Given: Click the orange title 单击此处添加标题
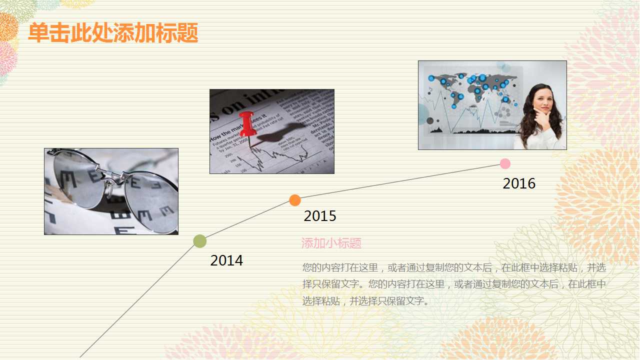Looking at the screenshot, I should tap(113, 33).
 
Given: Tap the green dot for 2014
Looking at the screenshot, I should tap(200, 241).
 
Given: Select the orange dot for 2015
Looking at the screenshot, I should tap(295, 200).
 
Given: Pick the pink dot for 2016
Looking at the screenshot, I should tap(505, 163).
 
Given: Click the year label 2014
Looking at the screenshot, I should tap(226, 260).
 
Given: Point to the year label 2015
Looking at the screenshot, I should tap(320, 216).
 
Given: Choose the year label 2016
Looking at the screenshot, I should tap(519, 183).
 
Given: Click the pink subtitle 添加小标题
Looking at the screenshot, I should tap(331, 243).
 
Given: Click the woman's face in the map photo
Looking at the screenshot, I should tap(542, 102).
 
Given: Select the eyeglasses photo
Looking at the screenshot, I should tap(111, 191).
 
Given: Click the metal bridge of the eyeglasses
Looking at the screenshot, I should tap(113, 176).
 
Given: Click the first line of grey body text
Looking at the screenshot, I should tap(454, 267).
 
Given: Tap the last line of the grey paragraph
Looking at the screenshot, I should tap(365, 301).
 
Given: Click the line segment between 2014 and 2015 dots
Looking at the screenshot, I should tap(247, 220).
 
